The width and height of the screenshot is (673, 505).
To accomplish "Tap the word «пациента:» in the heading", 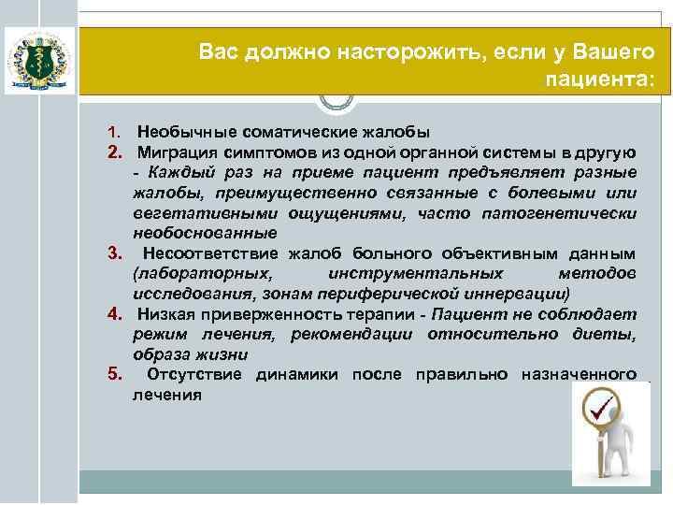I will pyautogui.click(x=609, y=79).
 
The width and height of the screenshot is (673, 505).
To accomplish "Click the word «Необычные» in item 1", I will pyautogui.click(x=179, y=131).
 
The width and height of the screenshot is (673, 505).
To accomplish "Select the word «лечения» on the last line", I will pyautogui.click(x=166, y=395).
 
